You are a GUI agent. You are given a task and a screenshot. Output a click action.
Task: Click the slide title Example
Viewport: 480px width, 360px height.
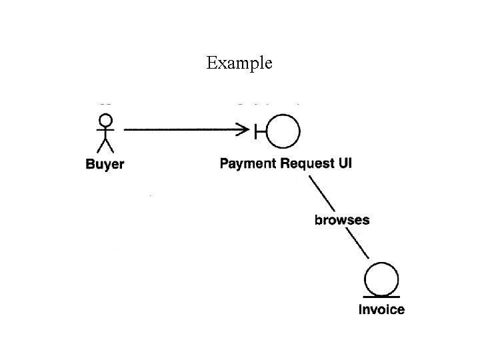[239, 63]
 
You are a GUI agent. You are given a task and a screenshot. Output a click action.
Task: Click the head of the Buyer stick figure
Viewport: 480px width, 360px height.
[105, 120]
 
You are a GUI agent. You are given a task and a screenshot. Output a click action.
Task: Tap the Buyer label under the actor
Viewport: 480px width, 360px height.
[105, 164]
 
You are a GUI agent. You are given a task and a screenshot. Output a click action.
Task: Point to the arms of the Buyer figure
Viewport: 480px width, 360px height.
[105, 131]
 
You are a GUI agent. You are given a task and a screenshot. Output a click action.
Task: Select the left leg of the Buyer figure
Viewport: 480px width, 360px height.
[101, 146]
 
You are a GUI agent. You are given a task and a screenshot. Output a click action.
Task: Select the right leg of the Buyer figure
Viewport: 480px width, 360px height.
[110, 146]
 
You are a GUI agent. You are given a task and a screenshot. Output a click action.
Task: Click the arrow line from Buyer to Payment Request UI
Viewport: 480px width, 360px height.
[180, 131]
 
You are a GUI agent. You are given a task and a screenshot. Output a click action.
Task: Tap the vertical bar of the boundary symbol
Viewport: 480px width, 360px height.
[256, 131]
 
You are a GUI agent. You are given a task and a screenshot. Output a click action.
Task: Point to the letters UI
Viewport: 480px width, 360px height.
[345, 163]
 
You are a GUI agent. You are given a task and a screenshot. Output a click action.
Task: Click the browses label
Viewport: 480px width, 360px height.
[342, 219]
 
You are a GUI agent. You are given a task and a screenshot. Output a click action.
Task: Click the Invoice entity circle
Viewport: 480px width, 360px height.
[381, 279]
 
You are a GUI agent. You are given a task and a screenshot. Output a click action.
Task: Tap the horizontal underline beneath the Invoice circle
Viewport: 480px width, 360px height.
[381, 296]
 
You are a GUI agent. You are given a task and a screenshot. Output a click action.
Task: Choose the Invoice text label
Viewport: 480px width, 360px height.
[381, 309]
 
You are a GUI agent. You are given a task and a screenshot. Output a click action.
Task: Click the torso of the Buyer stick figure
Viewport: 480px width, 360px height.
[105, 134]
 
